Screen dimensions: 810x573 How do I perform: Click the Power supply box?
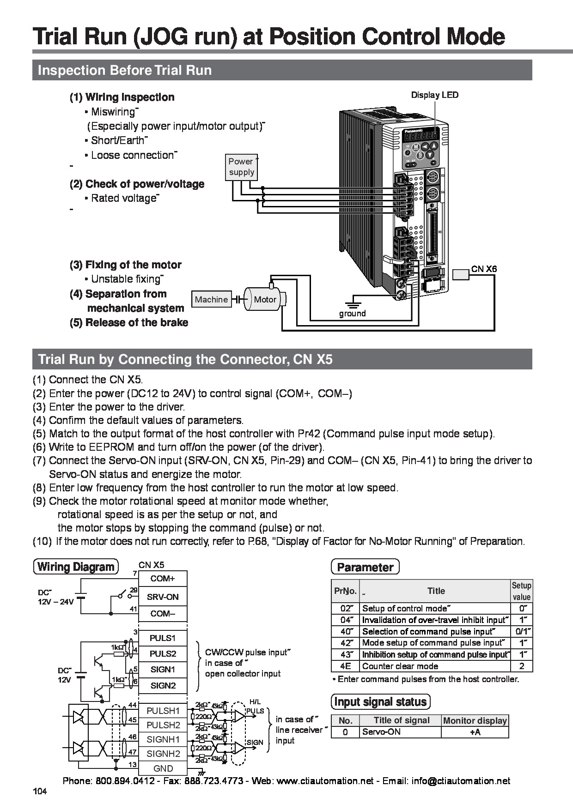point(241,167)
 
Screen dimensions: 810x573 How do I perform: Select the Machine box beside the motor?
point(211,299)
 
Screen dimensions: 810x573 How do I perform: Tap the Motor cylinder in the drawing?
point(265,299)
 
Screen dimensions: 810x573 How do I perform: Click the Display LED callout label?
point(435,95)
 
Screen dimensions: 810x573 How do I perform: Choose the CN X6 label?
point(484,269)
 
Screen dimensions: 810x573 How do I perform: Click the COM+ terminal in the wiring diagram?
point(163,579)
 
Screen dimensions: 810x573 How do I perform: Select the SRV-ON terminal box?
point(163,597)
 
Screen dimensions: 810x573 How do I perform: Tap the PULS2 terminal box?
point(163,653)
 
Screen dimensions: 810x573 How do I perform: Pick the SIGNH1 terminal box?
point(163,739)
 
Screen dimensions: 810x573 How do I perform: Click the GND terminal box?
point(163,768)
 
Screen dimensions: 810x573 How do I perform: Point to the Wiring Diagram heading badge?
point(76,567)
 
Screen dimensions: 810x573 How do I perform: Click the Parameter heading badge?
point(365,567)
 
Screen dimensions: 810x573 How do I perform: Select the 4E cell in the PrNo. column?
point(345,666)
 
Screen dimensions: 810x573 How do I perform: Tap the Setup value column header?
point(521,591)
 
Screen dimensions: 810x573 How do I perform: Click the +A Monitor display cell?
point(475,732)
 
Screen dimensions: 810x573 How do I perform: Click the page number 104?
point(40,792)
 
